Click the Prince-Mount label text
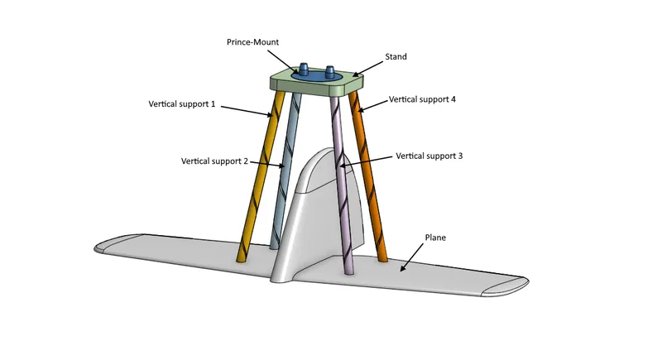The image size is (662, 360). click(252, 42)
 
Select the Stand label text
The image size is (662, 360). click(396, 56)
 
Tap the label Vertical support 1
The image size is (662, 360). click(181, 103)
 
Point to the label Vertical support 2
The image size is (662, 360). click(214, 161)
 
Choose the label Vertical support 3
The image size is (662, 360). click(429, 156)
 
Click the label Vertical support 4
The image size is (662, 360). click(422, 99)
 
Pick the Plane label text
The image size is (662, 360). click(435, 238)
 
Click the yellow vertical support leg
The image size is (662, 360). click(260, 177)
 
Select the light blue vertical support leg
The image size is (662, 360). click(285, 169)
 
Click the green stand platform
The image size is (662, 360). click(317, 83)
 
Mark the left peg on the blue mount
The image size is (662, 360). click(304, 69)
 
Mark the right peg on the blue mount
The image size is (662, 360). click(330, 71)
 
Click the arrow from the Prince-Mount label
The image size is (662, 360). click(282, 61)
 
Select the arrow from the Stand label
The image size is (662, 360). click(367, 69)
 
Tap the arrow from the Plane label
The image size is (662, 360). click(411, 257)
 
